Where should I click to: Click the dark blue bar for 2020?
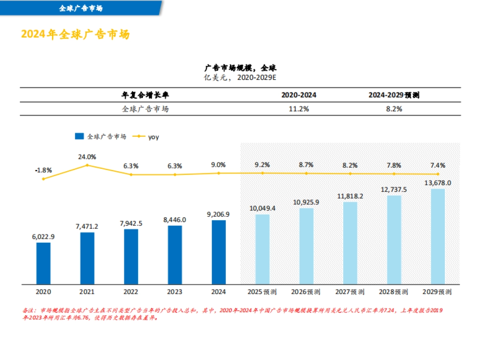[43, 263]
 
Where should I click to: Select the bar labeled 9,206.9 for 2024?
[219, 252]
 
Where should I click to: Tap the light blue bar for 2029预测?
[438, 236]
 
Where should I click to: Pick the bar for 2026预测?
[306, 246]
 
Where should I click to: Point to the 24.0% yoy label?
[87, 156]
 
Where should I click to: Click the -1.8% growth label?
[43, 170]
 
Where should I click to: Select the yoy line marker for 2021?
[87, 165]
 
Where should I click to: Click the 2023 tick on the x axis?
[175, 292]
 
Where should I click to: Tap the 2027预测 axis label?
[350, 292]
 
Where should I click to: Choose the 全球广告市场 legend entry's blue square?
[79, 136]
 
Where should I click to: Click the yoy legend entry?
[148, 137]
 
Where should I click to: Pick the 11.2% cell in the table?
[299, 109]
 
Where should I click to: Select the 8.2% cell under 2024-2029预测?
[394, 109]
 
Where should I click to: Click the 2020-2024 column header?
[299, 95]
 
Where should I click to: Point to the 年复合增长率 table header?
[145, 95]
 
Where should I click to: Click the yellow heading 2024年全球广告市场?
[75, 34]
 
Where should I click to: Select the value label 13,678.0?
[438, 183]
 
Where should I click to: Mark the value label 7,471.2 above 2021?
[87, 226]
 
